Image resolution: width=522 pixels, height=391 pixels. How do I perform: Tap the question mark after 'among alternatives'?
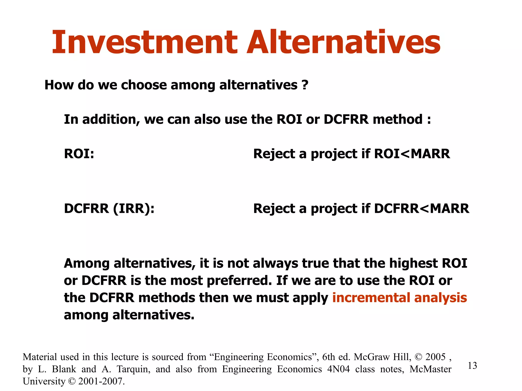305,85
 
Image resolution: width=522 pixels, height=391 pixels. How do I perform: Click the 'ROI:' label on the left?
79,154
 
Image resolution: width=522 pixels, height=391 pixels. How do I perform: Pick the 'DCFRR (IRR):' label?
109,209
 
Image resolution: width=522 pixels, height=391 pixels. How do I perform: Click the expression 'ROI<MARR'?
412,154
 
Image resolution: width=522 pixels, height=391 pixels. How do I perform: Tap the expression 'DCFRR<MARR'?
421,209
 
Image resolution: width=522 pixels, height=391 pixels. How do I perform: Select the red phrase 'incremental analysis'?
399,298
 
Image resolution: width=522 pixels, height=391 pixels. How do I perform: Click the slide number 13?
472,366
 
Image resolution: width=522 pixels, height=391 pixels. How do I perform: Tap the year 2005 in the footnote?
435,357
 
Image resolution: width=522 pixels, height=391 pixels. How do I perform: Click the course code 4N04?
338,369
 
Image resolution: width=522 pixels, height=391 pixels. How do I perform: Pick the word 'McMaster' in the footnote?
430,369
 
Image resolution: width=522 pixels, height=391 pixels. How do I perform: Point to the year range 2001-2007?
101,381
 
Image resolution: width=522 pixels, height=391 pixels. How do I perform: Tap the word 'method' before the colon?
397,119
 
